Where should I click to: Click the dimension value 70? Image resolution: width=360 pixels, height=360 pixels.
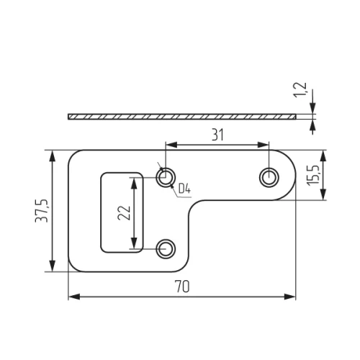pos(182,287)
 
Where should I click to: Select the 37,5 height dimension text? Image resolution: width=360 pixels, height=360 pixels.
pos(42,211)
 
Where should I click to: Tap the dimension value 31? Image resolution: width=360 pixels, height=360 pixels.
pos(217,135)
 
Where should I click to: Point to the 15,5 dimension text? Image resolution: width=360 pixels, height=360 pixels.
pos(313,175)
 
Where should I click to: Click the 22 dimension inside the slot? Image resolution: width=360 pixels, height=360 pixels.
pos(124,212)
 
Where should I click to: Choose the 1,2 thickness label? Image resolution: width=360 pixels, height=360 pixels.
pos(300,90)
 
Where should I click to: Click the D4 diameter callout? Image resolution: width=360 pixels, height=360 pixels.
pos(184,189)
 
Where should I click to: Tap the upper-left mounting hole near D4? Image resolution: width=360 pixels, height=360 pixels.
pos(166,177)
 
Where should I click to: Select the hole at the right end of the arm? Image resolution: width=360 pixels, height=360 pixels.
pos(269,178)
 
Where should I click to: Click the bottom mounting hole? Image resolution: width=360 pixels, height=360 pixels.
pos(166,249)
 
